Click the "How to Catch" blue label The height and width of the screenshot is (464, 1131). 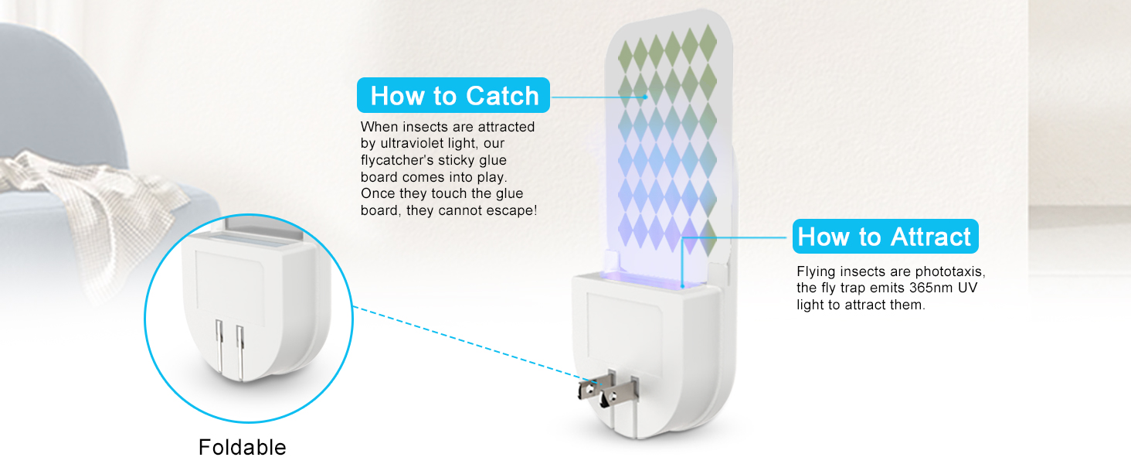tap(453, 95)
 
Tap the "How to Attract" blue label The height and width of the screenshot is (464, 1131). tap(885, 236)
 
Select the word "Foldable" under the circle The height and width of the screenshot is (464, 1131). tap(243, 447)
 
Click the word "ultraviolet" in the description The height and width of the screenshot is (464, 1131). tap(414, 144)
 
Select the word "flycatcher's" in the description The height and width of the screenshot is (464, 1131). tap(396, 161)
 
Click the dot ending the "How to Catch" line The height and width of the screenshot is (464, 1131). tap(645, 97)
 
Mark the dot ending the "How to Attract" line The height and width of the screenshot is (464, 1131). tap(683, 286)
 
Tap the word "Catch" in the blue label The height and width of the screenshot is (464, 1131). tap(502, 96)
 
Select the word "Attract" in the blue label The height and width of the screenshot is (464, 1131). tap(931, 237)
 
